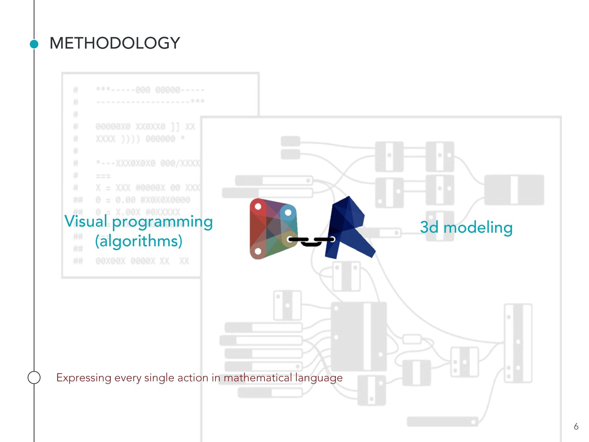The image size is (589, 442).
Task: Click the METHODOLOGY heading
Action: point(114,43)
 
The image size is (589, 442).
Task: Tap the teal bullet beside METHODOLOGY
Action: point(34,44)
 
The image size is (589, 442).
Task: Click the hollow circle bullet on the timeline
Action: point(34,377)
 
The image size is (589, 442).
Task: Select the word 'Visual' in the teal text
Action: point(86,221)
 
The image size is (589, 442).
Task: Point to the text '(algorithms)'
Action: point(139,241)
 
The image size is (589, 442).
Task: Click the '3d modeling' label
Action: point(466,227)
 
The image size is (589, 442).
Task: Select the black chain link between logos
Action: point(311,241)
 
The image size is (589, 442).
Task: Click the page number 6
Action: point(576,426)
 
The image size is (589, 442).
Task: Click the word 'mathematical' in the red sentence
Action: point(257,378)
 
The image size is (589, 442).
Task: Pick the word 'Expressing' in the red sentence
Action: point(84,378)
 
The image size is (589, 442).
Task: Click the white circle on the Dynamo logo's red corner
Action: point(258,206)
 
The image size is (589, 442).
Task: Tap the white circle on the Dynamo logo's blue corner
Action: point(288,212)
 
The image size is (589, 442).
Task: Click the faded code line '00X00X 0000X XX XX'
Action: point(142,261)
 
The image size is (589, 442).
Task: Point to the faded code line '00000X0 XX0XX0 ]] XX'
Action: point(145,126)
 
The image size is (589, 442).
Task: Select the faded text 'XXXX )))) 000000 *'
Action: point(140,139)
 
